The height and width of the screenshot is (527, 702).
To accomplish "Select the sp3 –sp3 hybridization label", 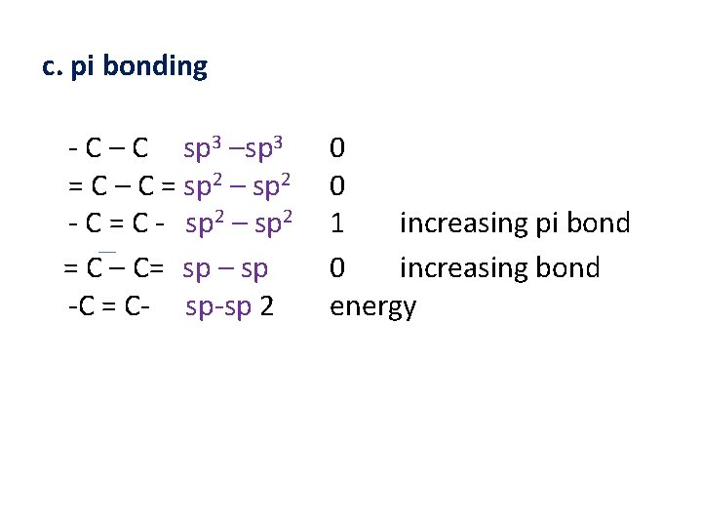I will coord(234,148).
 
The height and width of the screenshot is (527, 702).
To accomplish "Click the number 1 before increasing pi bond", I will coord(337,223).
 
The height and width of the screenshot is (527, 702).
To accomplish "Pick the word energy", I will coord(373,307).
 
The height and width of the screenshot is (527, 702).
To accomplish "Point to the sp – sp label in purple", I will coord(225,268).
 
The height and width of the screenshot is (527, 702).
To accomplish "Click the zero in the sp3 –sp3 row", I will coord(337,148).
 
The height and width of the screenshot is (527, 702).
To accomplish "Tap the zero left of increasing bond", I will coord(337,268).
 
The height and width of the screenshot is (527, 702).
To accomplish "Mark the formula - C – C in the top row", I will coord(109,148).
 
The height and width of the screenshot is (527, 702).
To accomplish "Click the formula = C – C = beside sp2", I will coord(122,185).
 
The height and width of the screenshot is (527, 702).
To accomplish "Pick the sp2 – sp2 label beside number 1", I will coord(240,223).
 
